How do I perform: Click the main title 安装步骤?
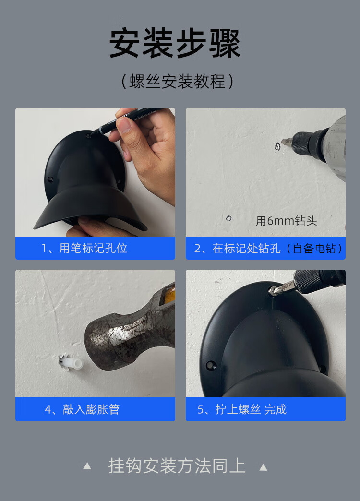click(175, 44)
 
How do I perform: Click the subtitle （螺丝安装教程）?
click(178, 81)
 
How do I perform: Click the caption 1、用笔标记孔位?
click(84, 248)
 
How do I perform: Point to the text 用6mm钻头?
click(286, 221)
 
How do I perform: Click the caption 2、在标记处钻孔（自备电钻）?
click(268, 248)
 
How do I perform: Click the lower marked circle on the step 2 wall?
click(228, 218)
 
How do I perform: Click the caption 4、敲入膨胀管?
click(82, 409)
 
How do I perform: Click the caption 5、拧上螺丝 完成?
click(242, 409)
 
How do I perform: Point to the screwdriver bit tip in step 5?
click(272, 291)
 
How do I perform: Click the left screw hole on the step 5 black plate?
click(210, 365)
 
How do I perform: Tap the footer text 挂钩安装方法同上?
click(177, 466)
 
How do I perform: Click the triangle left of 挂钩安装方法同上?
click(87, 466)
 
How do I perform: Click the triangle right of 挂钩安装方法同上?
click(263, 467)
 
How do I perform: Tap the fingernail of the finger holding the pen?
click(123, 125)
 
